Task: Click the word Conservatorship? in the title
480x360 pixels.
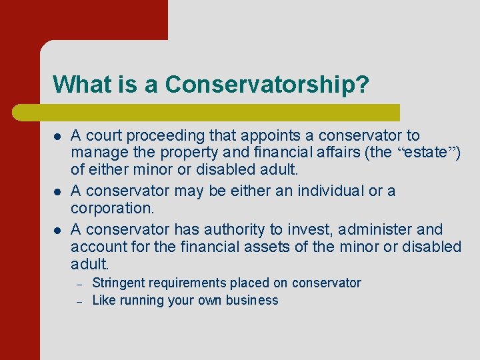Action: click(267, 85)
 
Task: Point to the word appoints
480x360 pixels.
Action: click(257, 136)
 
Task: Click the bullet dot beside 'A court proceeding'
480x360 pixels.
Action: click(57, 136)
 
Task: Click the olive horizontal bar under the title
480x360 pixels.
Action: click(226, 112)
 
